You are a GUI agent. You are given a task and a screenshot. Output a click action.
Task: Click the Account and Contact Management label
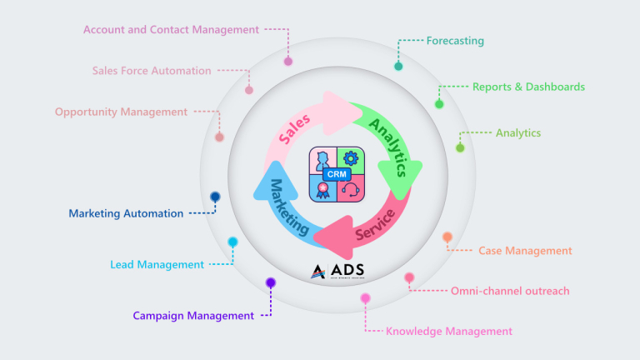pos(171,30)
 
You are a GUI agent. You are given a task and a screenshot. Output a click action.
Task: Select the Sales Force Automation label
pos(152,71)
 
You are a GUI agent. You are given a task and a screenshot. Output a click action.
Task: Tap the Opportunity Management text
pos(122,112)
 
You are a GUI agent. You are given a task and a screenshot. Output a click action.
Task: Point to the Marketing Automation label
pos(126,213)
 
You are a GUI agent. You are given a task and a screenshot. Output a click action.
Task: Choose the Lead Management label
pos(157,265)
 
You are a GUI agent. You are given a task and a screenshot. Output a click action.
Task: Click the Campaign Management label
pos(193,316)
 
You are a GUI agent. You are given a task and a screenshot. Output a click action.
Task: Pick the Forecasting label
pos(455,40)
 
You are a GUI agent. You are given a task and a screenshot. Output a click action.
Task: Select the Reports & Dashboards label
pos(528,87)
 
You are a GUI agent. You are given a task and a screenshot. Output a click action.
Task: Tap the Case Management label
pos(525,250)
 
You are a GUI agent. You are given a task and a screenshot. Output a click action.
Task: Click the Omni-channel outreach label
pos(510,291)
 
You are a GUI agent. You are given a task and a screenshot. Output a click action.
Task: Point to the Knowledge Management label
pos(449,331)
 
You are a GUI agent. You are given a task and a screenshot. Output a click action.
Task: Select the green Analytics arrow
pos(388,150)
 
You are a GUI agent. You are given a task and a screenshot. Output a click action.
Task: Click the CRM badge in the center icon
pos(337,174)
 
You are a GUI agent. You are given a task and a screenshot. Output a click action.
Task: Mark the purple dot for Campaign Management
pos(270,283)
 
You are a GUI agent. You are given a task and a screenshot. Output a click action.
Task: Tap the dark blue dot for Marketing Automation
pos(215,197)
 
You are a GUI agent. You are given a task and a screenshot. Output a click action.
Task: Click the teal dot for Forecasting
pos(398,66)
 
